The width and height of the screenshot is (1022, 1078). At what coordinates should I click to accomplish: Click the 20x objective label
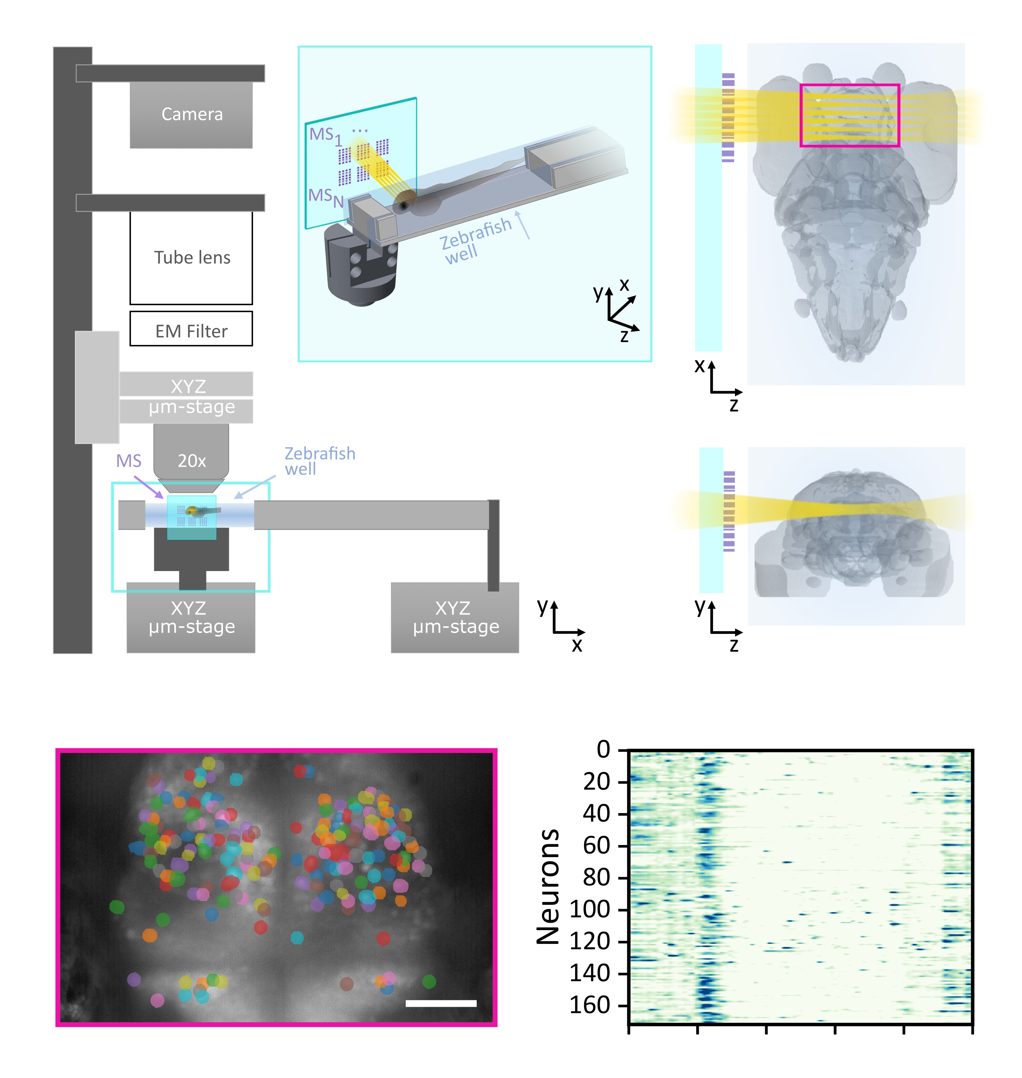[192, 461]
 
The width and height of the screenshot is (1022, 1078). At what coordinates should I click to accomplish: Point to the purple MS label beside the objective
[129, 461]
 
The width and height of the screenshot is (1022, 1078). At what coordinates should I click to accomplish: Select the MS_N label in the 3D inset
[326, 197]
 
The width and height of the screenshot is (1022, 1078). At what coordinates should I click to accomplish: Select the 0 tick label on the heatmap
[603, 750]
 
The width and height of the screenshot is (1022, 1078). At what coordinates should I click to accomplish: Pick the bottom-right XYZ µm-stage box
[455, 617]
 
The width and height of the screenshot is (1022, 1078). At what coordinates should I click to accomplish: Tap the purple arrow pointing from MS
[148, 487]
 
